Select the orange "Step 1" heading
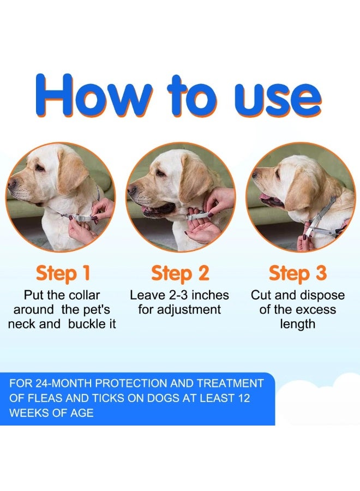pyautogui.click(x=63, y=273)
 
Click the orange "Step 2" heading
pyautogui.click(x=180, y=273)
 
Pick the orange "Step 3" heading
pyautogui.click(x=298, y=273)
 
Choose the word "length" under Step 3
pyautogui.click(x=298, y=324)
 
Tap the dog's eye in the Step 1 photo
pyautogui.click(x=40, y=167)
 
